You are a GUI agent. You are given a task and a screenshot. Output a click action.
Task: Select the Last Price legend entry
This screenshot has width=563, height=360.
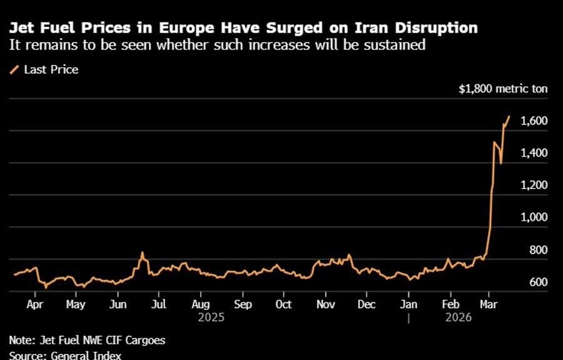(51, 69)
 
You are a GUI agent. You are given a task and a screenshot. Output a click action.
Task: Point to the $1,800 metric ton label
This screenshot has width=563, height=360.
(502, 89)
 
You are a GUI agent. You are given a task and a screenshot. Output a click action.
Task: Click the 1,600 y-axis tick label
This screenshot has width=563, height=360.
(534, 121)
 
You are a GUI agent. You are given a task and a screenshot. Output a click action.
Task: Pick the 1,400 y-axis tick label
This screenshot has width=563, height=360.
(534, 153)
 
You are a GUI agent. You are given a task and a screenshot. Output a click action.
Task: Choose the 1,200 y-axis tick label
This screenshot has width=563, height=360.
(534, 185)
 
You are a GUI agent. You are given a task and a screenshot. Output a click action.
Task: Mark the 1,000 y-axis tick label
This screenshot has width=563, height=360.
(534, 217)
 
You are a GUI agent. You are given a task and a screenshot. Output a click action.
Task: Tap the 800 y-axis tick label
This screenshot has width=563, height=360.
(539, 250)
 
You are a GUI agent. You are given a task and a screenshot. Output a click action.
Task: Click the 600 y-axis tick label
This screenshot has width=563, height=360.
(539, 282)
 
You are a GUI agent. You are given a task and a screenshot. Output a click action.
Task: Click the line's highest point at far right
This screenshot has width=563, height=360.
(509, 116)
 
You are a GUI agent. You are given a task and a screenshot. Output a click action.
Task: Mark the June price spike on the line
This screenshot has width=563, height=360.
(142, 253)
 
